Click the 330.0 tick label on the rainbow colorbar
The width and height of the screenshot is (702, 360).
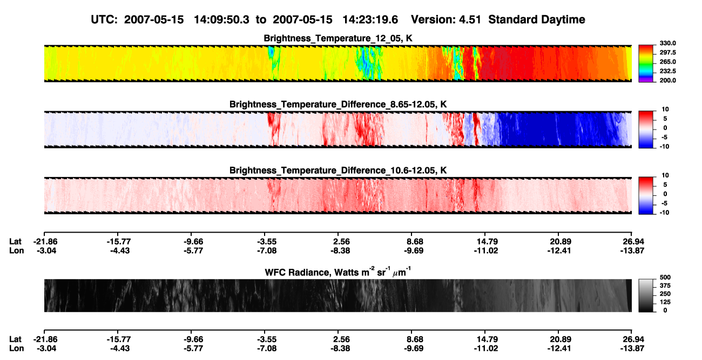667,43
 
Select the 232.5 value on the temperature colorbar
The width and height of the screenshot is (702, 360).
667,71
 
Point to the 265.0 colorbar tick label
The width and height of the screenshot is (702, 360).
667,62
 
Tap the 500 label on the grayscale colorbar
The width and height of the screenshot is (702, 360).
665,277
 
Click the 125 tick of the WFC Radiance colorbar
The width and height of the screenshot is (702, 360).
665,302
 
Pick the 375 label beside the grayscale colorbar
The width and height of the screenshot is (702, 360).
665,286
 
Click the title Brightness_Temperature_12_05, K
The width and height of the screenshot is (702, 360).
338,38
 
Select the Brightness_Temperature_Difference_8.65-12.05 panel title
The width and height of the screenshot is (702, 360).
338,104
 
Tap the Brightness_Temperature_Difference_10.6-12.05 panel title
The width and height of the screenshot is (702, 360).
338,171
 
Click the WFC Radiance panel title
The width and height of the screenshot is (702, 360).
338,272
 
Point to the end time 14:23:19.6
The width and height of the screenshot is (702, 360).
370,19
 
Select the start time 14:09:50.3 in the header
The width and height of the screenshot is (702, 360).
221,19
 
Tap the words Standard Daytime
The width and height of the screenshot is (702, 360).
537,20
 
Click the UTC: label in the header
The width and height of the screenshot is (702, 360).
104,19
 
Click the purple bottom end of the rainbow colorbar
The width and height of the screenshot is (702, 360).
646,80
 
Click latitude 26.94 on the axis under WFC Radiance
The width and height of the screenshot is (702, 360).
632,339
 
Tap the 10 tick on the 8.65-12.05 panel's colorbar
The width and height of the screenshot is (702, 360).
665,110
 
